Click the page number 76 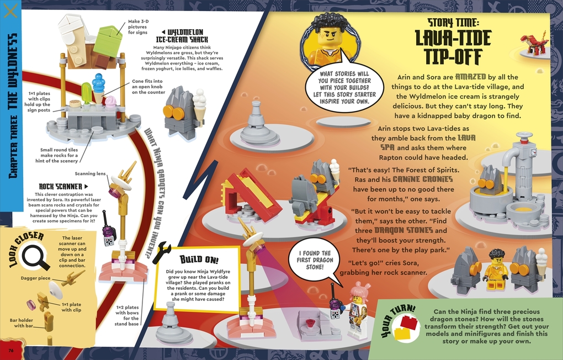[10, 350]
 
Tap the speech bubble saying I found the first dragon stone [314, 261]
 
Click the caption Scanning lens [90, 173]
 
